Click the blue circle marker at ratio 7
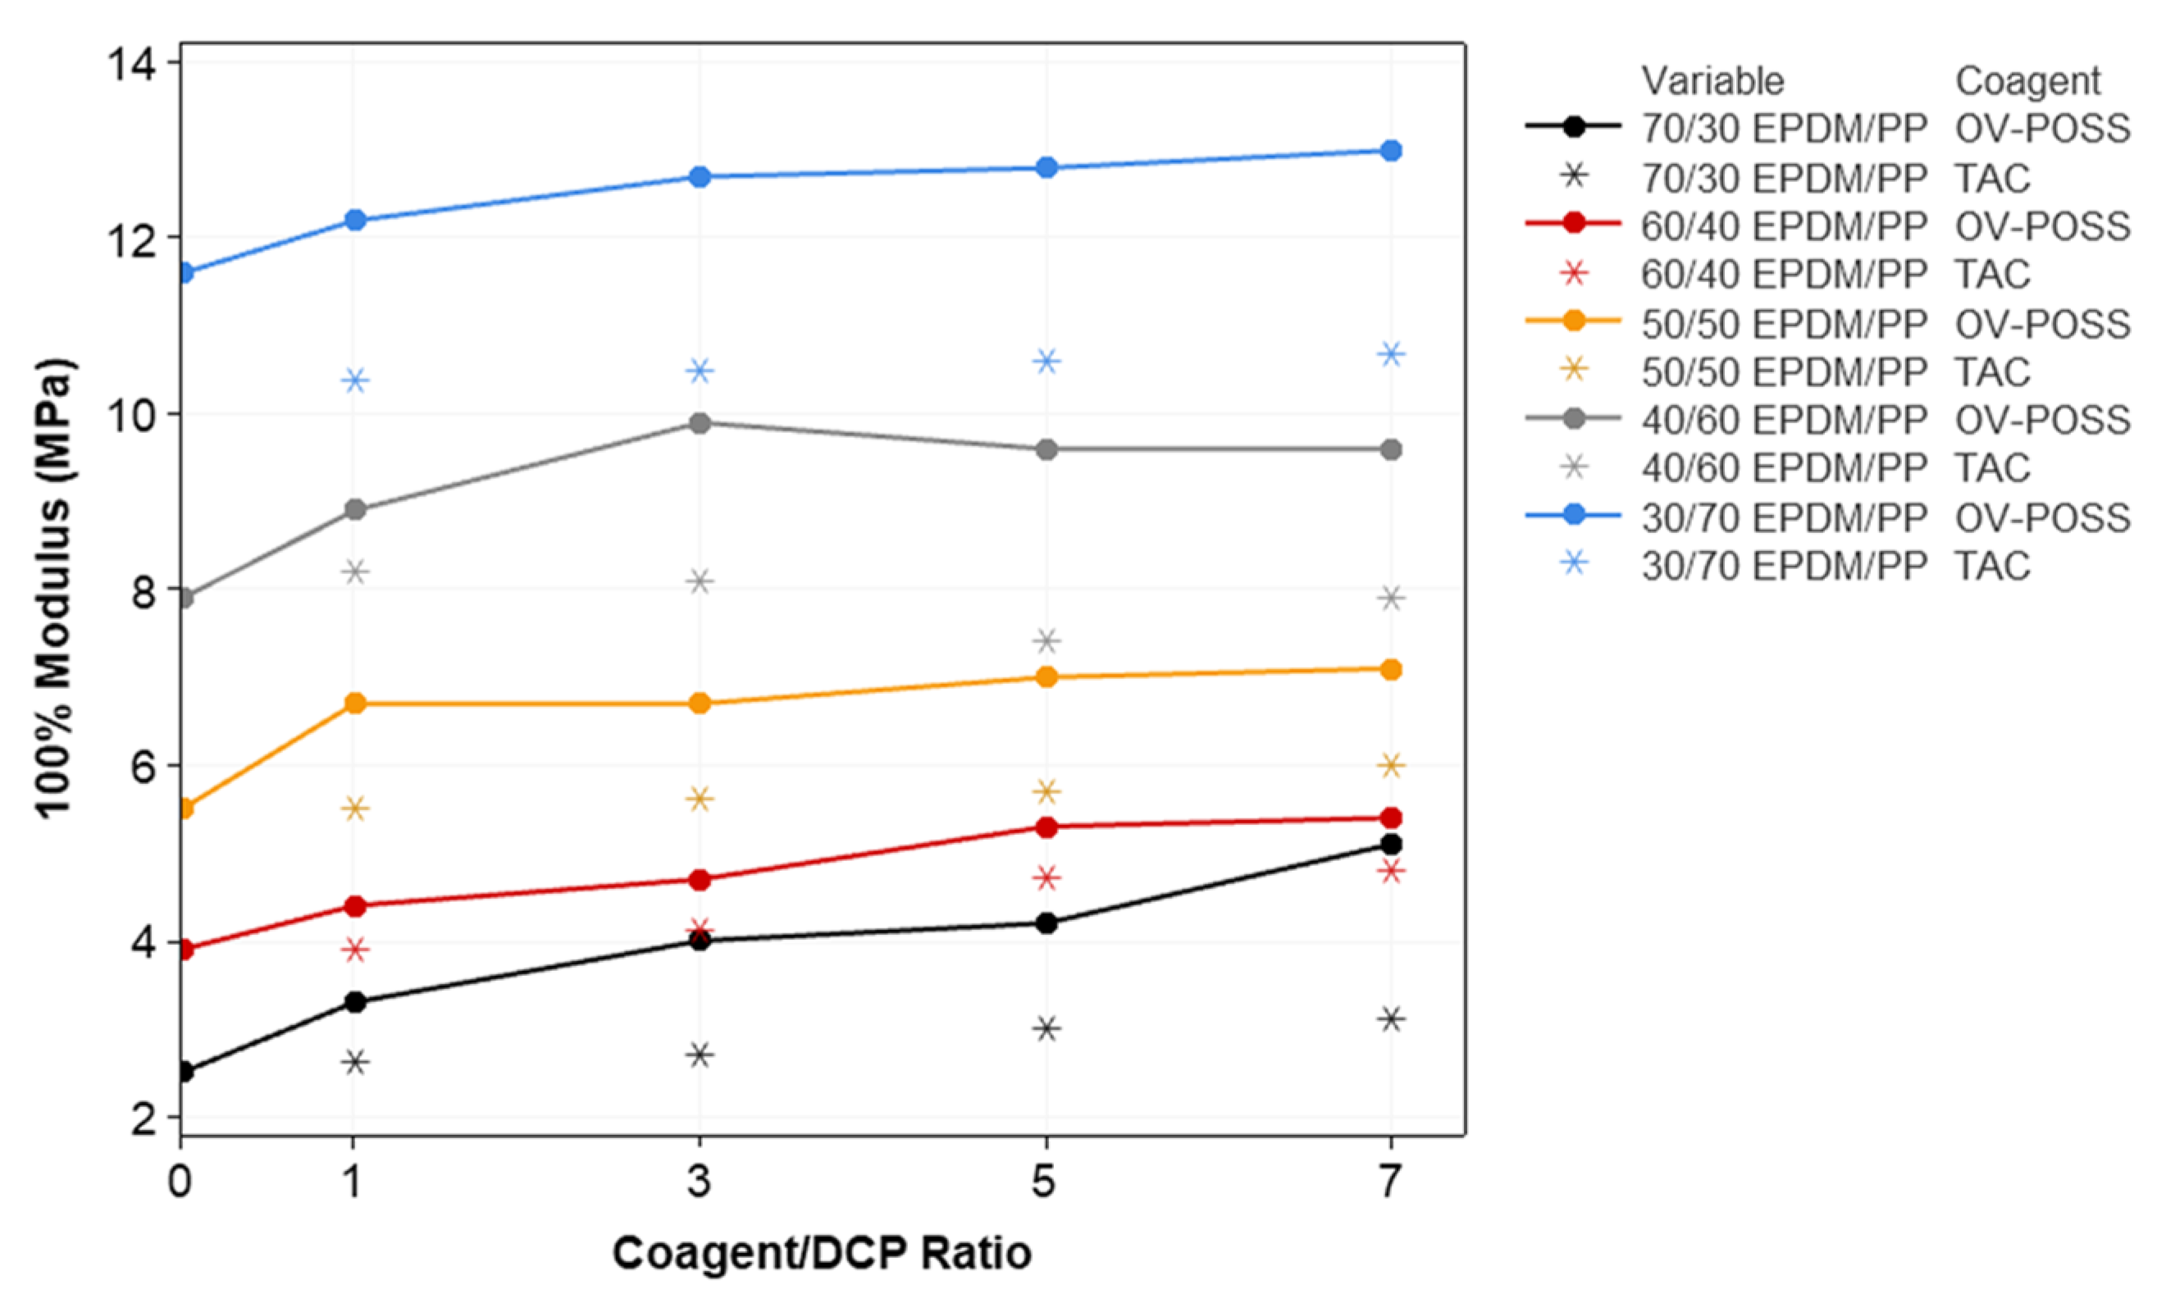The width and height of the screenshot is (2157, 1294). [1391, 151]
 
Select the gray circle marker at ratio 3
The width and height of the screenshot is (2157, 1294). [700, 424]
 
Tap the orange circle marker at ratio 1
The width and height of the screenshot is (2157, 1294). [355, 704]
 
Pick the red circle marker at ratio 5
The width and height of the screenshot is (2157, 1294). [1047, 827]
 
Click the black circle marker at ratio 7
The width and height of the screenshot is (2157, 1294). [1391, 844]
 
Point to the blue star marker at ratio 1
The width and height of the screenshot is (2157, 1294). [355, 380]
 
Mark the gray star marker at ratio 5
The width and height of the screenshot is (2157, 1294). [1047, 641]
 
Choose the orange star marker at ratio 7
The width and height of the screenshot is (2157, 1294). [1391, 766]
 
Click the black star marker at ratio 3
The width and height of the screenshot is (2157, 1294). [700, 1055]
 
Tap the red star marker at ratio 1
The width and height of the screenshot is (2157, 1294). [355, 950]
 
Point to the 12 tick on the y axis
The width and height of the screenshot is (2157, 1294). [175, 237]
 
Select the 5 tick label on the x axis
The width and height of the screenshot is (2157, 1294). [1045, 1182]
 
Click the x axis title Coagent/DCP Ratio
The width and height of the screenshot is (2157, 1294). [821, 1253]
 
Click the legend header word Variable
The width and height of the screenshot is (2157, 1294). [1712, 81]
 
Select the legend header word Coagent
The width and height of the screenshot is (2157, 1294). [2027, 81]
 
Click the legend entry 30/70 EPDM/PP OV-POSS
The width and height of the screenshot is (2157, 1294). [1883, 518]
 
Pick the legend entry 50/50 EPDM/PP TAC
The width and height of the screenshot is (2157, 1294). [1835, 372]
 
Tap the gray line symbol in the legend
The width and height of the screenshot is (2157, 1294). [1573, 421]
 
